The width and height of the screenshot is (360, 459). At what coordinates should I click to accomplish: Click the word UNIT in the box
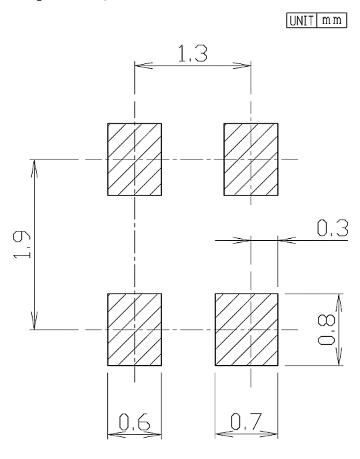tap(301, 21)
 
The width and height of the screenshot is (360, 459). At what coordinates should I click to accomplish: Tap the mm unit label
tap(331, 20)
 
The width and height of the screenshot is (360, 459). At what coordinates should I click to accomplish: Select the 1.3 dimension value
tap(193, 53)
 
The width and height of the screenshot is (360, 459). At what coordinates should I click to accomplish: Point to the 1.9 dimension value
tap(22, 244)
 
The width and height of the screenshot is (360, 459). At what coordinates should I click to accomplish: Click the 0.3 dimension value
tap(333, 228)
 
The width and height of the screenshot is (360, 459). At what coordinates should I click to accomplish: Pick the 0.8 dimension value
tap(327, 330)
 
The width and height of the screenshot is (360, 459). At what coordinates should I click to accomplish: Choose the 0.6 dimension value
tap(135, 422)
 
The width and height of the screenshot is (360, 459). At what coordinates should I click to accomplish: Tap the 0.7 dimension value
tap(246, 421)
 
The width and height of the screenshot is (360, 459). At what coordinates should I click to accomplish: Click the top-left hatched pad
tap(135, 159)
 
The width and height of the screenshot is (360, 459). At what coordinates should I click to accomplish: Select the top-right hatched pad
tap(251, 159)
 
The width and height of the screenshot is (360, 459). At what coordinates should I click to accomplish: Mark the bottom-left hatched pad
tap(135, 330)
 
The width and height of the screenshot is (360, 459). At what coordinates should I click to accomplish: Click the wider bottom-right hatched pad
tap(247, 330)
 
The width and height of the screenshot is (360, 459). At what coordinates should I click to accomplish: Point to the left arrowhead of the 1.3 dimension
tap(143, 65)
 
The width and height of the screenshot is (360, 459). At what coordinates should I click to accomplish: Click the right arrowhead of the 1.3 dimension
tap(242, 65)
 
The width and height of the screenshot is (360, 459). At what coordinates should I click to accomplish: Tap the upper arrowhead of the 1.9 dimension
tap(34, 168)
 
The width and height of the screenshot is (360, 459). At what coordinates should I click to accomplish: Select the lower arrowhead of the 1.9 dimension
tap(34, 321)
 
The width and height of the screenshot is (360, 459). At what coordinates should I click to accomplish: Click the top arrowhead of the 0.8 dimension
tap(339, 302)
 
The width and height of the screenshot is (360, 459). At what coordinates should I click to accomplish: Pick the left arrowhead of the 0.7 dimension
tap(224, 434)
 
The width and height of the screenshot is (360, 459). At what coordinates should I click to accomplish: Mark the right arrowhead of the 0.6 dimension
tap(153, 435)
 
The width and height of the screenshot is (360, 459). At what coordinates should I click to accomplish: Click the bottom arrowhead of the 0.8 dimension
tap(339, 357)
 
